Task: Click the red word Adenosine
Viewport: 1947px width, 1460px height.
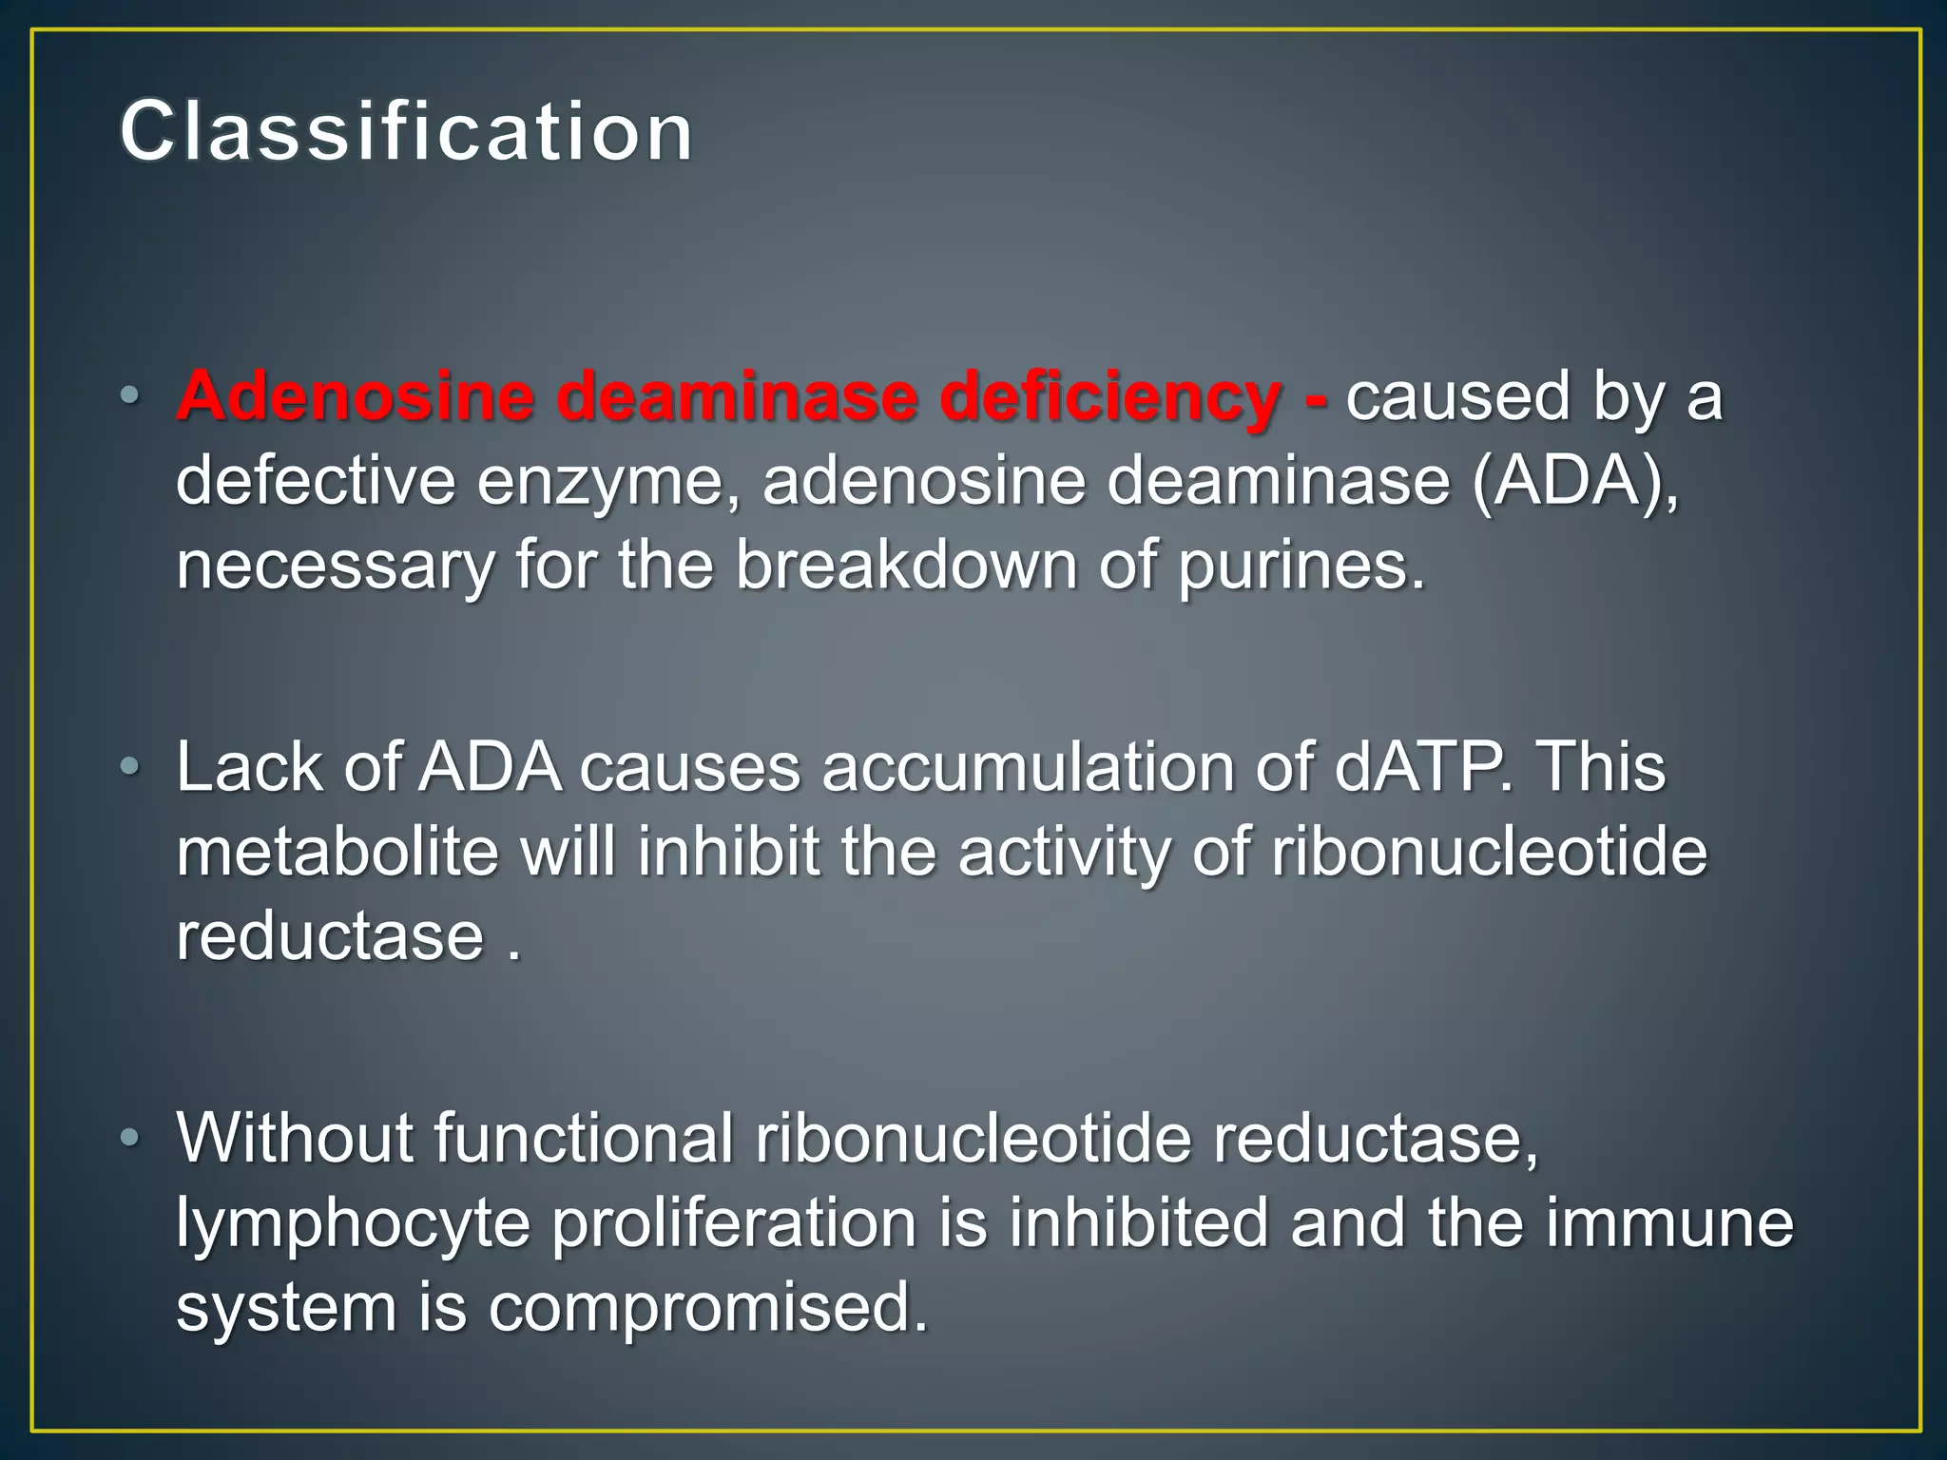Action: tap(355, 395)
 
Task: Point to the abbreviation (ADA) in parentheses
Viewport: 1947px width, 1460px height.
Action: tap(1574, 481)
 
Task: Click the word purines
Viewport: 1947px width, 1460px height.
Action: tap(1301, 567)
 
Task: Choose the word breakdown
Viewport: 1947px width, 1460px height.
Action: tap(906, 565)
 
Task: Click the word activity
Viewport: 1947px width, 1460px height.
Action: tap(1064, 853)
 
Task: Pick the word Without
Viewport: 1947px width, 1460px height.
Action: tap(295, 1137)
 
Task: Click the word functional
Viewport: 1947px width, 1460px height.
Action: tap(584, 1137)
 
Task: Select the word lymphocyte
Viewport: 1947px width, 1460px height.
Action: tap(353, 1224)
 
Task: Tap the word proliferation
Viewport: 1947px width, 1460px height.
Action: tap(734, 1224)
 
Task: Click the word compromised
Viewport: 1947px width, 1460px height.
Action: tap(707, 1309)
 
